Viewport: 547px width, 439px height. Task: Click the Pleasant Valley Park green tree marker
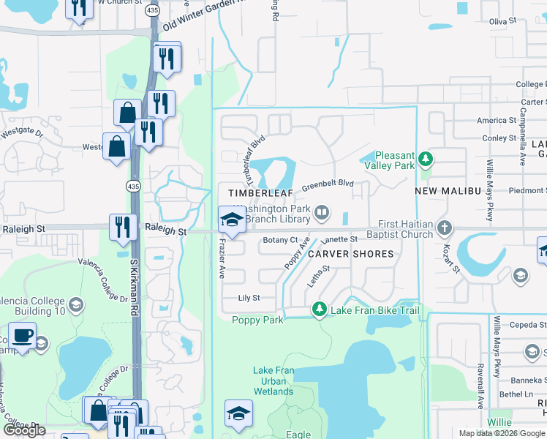pyautogui.click(x=426, y=158)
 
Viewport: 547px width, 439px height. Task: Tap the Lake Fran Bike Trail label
pyautogui.click(x=374, y=311)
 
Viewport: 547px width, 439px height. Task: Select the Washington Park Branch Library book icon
pyautogui.click(x=321, y=214)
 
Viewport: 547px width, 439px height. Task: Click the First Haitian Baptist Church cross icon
pyautogui.click(x=443, y=228)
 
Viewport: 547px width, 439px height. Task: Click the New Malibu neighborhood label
pyautogui.click(x=446, y=191)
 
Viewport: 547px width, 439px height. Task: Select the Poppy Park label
pyautogui.click(x=257, y=320)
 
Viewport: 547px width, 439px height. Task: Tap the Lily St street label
pyautogui.click(x=249, y=299)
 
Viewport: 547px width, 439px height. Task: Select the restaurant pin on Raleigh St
pyautogui.click(x=122, y=227)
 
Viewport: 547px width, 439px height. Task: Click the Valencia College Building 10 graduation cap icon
pyautogui.click(x=75, y=304)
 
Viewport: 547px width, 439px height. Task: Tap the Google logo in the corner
pyautogui.click(x=24, y=431)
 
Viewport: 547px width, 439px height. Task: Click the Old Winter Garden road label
pyautogui.click(x=202, y=14)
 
